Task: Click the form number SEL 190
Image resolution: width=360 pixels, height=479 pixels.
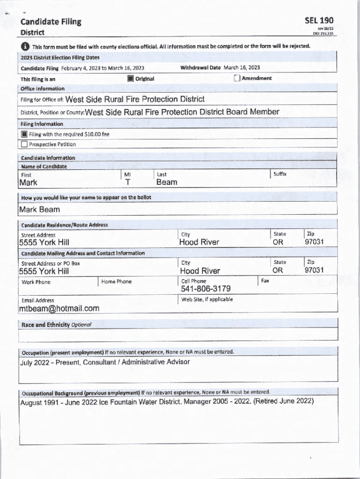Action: pos(319,21)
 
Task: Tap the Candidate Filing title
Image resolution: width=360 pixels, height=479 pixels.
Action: pos(50,22)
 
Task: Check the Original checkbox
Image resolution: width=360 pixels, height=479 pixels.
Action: pos(131,79)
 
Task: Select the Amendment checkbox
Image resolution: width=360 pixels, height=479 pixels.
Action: pos(237,78)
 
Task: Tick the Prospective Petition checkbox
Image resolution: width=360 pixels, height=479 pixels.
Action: pos(24,145)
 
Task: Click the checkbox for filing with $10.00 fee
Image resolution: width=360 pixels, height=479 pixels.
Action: pos(24,134)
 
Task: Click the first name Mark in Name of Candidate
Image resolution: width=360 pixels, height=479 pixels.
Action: pos(28,182)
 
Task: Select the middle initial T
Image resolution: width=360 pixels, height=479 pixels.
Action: pos(128,182)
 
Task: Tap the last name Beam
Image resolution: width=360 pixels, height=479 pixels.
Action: pos(166,182)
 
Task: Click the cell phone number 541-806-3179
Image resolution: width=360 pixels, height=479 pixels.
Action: pos(206,289)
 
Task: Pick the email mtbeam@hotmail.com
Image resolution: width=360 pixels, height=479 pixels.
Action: pos(59,308)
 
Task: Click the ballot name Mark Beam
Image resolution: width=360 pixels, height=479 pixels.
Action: pos(40,210)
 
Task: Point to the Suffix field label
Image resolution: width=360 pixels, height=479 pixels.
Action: pos(280,174)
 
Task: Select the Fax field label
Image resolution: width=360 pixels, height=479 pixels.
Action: pos(265,281)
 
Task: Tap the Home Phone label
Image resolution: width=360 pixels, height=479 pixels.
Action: pos(116,282)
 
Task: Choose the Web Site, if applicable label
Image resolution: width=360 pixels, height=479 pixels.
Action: pos(207,299)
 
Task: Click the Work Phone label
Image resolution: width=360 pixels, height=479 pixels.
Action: pos(36,282)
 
